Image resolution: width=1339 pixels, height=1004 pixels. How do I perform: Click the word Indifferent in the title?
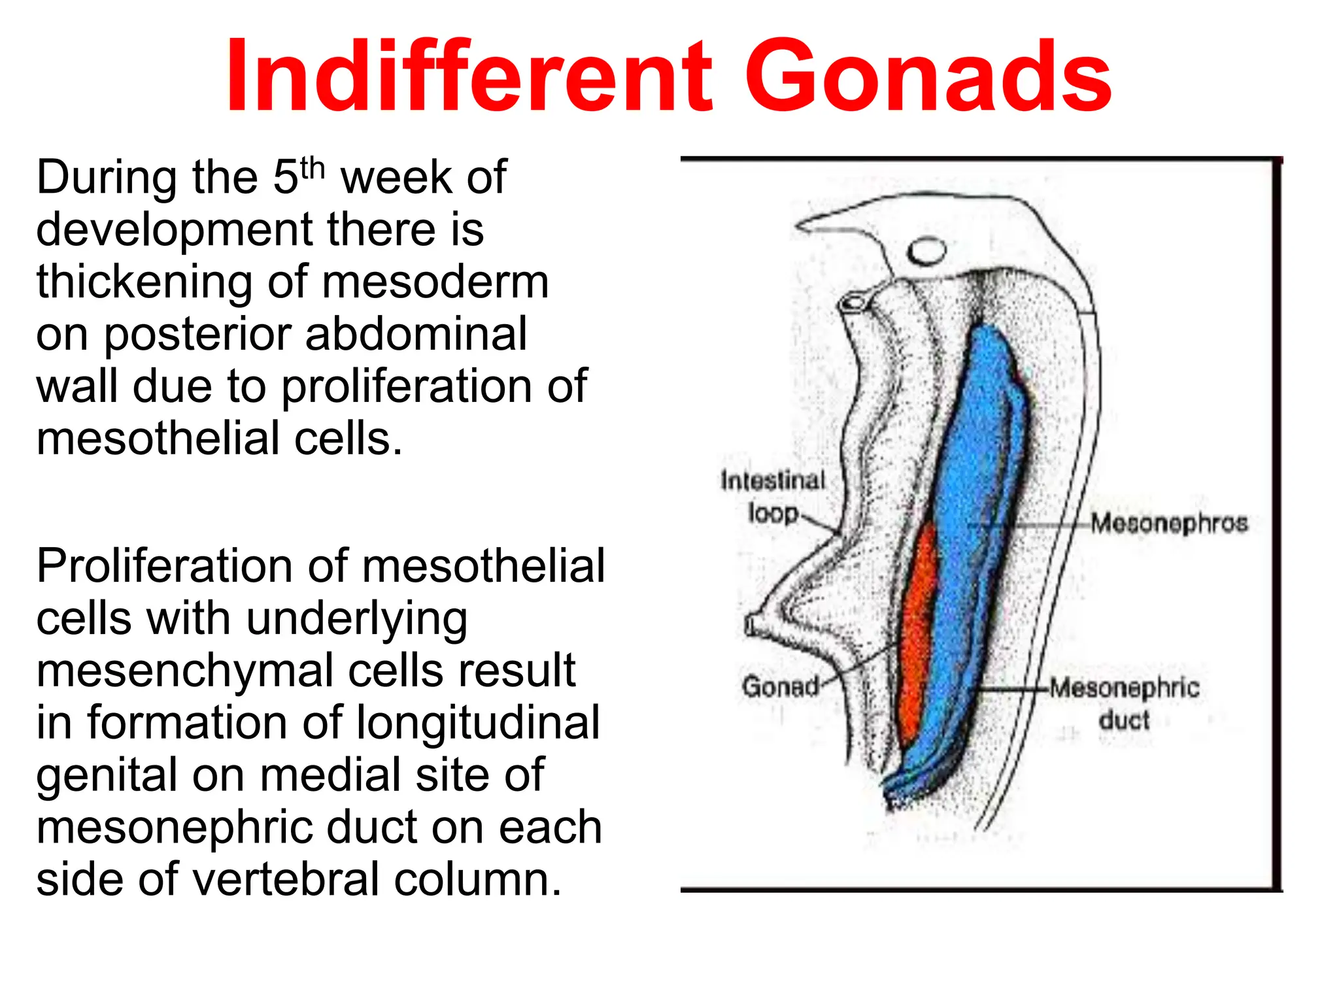(468, 77)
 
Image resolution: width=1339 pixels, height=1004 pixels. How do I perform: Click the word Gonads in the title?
(928, 77)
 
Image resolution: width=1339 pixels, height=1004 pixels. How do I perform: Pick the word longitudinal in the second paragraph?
(477, 724)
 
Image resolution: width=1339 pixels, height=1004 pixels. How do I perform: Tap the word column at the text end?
(477, 880)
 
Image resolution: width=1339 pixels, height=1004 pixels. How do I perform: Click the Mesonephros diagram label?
(1169, 524)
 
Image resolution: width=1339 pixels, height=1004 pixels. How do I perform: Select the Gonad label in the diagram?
(780, 687)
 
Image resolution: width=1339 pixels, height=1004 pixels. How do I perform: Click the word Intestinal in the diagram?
(773, 480)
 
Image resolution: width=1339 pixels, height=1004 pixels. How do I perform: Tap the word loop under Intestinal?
(773, 513)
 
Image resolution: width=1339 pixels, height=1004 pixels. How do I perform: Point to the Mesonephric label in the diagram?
(1125, 688)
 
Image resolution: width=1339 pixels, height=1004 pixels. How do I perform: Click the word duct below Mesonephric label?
(1124, 720)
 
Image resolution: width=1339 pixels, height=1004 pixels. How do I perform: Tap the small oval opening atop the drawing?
(926, 251)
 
